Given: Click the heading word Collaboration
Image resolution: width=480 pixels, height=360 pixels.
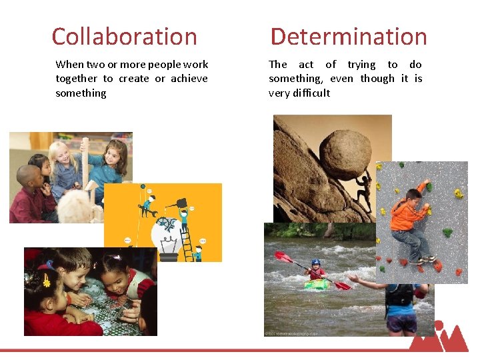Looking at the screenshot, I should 124,37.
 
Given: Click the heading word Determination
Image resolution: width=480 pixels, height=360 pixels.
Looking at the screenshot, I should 348,37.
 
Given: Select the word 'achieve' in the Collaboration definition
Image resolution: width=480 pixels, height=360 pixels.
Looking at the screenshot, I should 189,79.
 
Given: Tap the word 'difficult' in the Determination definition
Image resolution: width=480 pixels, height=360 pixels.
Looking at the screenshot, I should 309,93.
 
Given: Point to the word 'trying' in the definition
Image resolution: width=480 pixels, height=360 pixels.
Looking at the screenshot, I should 361,65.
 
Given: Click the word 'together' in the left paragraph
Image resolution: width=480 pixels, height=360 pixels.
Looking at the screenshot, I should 76,79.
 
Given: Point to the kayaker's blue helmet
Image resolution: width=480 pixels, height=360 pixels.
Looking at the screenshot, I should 315,263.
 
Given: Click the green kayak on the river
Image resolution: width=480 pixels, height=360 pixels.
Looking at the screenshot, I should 316,285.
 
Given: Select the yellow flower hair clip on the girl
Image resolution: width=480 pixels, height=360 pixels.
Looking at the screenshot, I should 45,280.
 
